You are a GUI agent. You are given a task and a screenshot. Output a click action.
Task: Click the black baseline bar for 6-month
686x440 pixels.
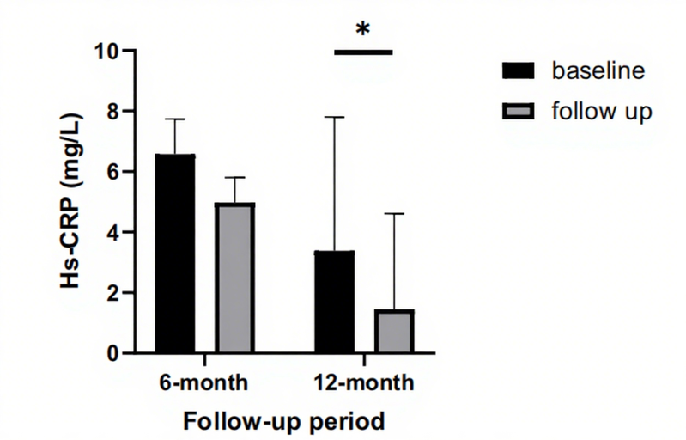tap(175, 254)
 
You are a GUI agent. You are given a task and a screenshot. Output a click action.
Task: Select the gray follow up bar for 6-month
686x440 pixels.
tap(234, 278)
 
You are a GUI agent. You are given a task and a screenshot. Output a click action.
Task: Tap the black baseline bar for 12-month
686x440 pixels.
tap(335, 302)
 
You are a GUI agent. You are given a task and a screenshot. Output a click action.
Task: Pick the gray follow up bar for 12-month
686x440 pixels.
tap(394, 331)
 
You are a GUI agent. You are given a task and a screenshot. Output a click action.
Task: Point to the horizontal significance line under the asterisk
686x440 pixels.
tap(362, 52)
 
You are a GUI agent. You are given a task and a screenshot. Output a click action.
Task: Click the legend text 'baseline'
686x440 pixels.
tap(598, 70)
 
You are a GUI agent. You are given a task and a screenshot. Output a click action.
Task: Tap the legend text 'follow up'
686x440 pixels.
tap(602, 112)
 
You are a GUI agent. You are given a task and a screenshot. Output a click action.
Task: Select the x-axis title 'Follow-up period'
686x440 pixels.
tap(282, 421)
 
